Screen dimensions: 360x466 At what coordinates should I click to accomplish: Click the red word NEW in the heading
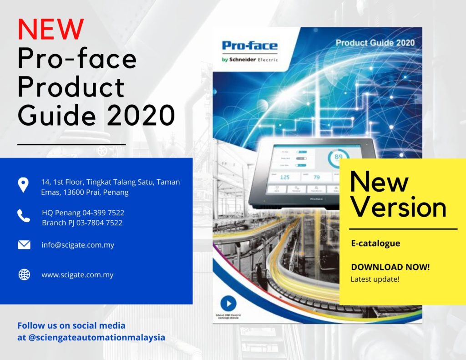[51, 29]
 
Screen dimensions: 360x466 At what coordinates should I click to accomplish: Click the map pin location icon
[23, 185]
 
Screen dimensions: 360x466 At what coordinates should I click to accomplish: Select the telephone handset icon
[24, 216]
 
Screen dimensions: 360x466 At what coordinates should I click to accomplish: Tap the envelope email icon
[24, 245]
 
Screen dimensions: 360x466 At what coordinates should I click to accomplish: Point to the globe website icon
[24, 275]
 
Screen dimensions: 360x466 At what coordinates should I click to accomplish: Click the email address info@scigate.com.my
[78, 245]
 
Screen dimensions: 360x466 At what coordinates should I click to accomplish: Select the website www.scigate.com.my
[77, 275]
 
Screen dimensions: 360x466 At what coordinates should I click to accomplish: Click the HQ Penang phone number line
[83, 213]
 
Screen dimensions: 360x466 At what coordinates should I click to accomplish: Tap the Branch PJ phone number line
[82, 223]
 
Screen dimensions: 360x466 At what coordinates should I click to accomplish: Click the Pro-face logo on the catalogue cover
[249, 46]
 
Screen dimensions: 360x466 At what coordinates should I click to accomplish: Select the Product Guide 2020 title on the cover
[375, 43]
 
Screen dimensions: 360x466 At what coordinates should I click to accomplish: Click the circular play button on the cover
[228, 304]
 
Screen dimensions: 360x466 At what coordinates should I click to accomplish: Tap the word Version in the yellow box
[398, 207]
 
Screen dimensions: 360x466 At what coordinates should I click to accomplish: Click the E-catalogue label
[375, 243]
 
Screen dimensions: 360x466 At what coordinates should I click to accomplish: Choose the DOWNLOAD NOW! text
[390, 267]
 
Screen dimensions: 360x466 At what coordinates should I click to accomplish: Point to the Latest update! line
[375, 279]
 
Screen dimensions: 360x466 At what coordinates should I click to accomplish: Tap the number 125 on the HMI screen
[284, 177]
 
